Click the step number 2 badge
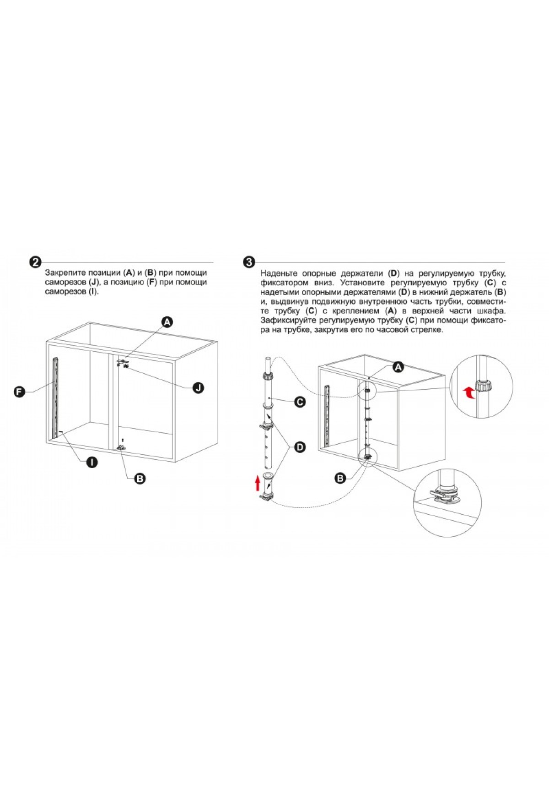pyautogui.click(x=35, y=262)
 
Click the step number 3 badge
pyautogui.click(x=249, y=262)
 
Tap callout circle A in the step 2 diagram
pyautogui.click(x=167, y=322)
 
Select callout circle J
pyautogui.click(x=198, y=388)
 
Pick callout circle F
pyautogui.click(x=19, y=392)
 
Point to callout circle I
pyautogui.click(x=92, y=463)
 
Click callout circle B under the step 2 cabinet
pyautogui.click(x=140, y=479)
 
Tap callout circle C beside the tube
pyautogui.click(x=300, y=402)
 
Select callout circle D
pyautogui.click(x=300, y=447)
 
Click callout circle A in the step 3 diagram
pyautogui.click(x=398, y=367)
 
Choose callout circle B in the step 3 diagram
pyautogui.click(x=340, y=479)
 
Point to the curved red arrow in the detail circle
pyautogui.click(x=468, y=392)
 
